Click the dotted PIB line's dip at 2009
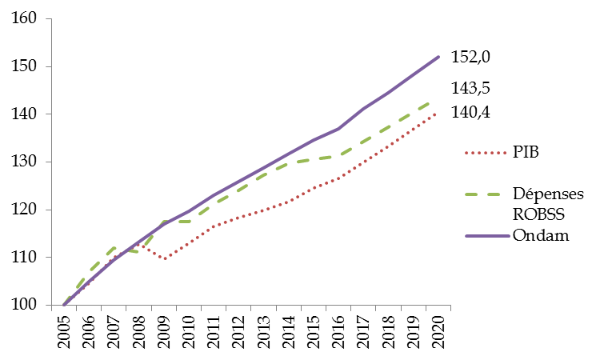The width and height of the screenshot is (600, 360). [x=164, y=258]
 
